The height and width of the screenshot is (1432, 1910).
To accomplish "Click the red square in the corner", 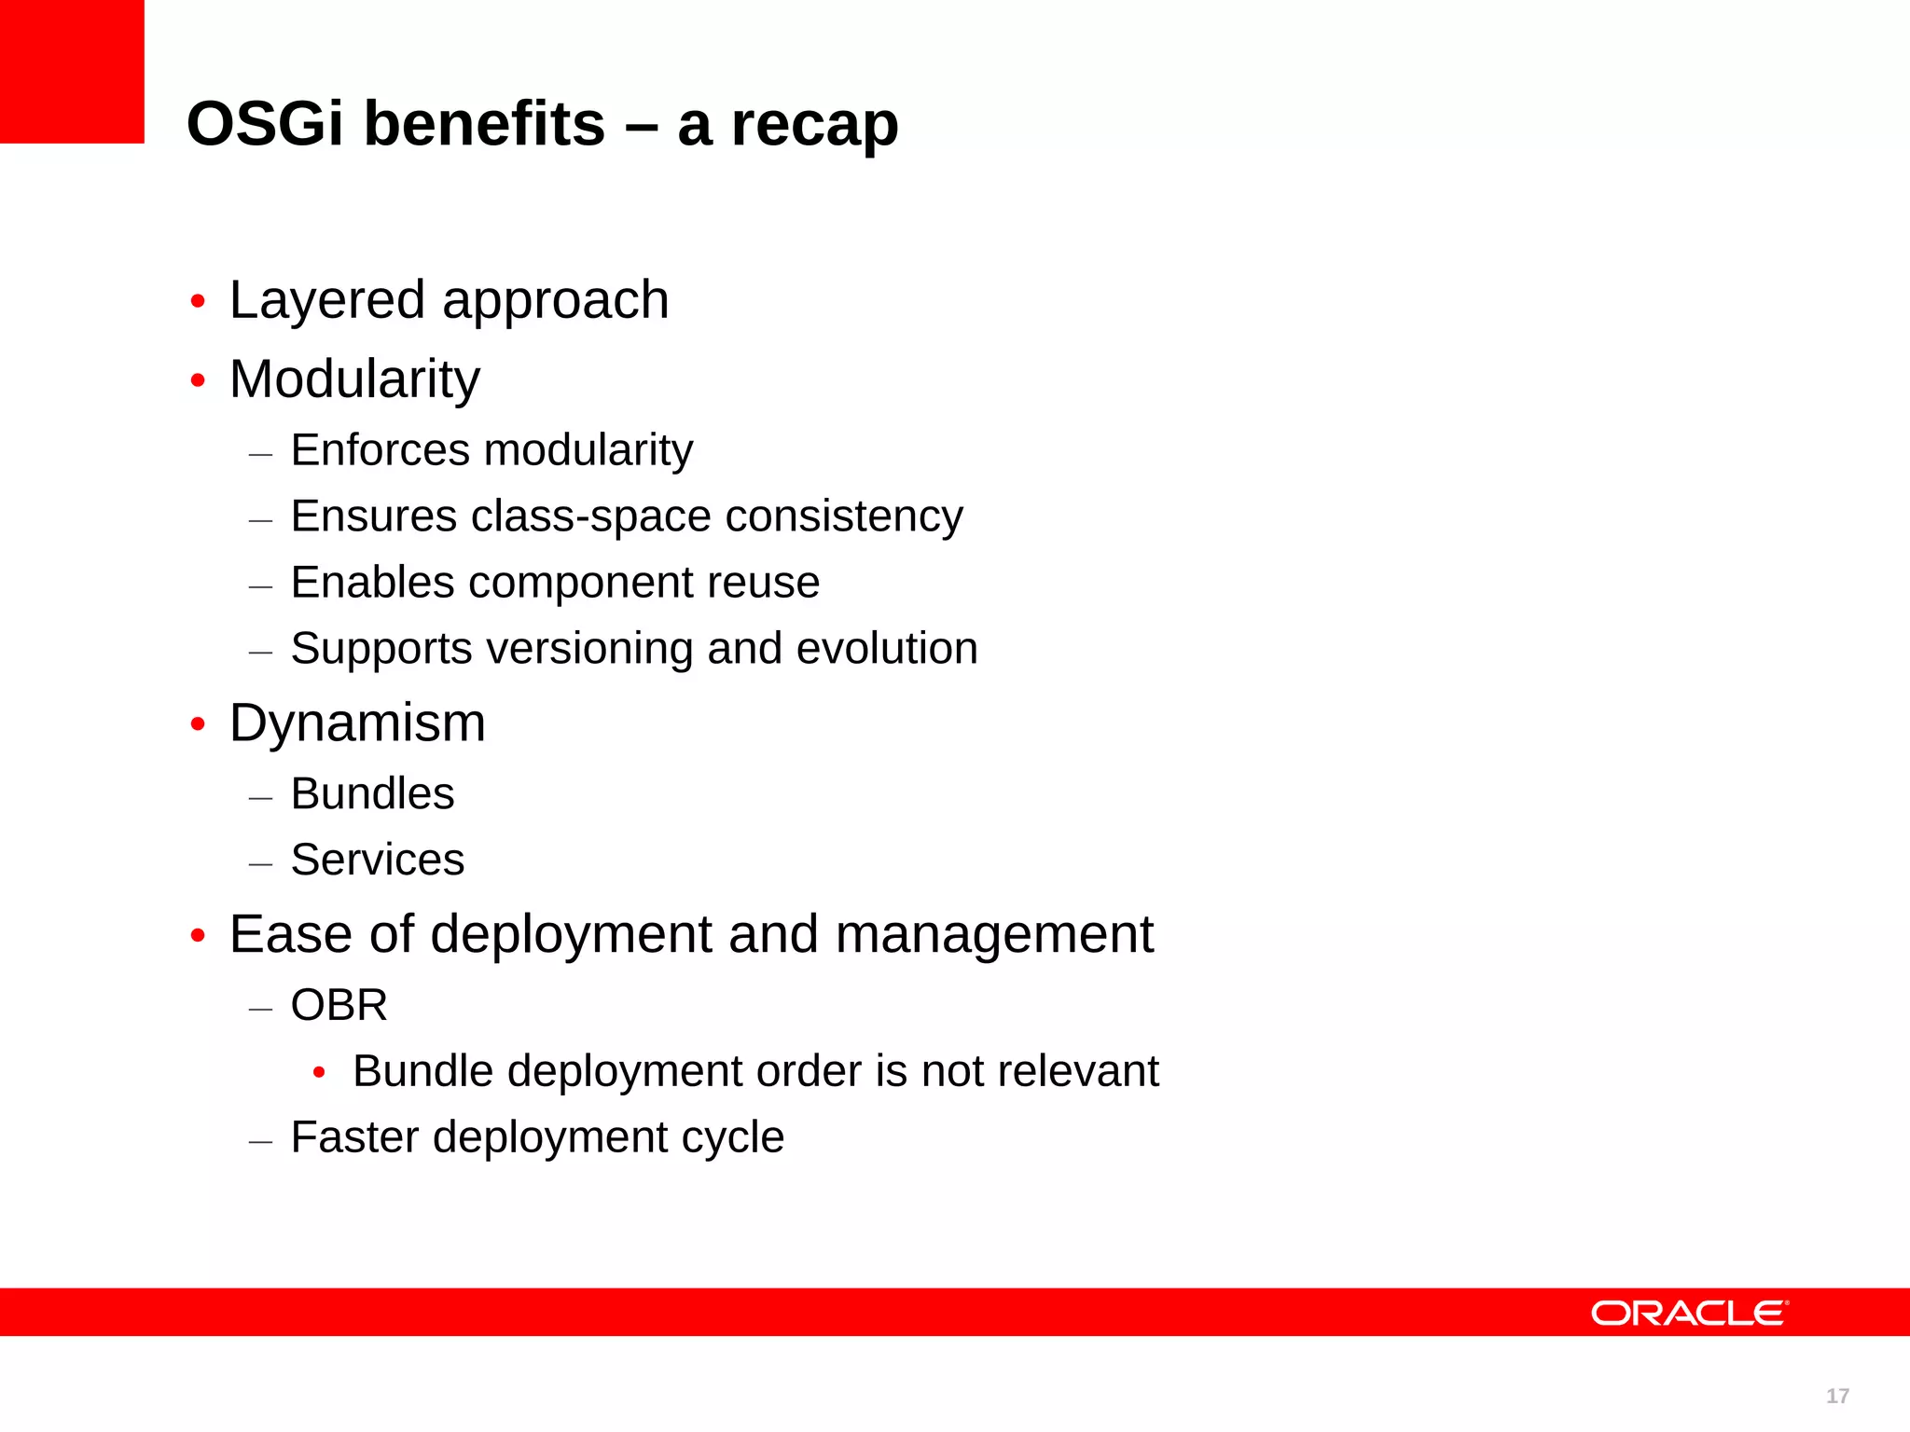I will [x=72, y=72].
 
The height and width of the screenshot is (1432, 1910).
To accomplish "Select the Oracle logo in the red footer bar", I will [x=1689, y=1314].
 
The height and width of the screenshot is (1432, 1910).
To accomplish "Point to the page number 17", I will [x=1837, y=1396].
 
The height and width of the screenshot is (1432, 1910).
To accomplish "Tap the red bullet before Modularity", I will [x=198, y=380].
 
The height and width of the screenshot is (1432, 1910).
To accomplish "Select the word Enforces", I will [x=379, y=450].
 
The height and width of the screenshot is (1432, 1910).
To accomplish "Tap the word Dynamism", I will [x=357, y=723].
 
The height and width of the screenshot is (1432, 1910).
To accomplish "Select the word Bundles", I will [x=372, y=794].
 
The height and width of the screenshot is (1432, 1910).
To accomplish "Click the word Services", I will [x=377, y=860].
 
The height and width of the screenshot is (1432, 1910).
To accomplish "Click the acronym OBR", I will [x=339, y=1006].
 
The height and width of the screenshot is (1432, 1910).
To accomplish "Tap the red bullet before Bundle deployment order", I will [x=319, y=1073].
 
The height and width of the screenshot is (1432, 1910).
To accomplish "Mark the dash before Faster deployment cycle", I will [x=261, y=1140].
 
